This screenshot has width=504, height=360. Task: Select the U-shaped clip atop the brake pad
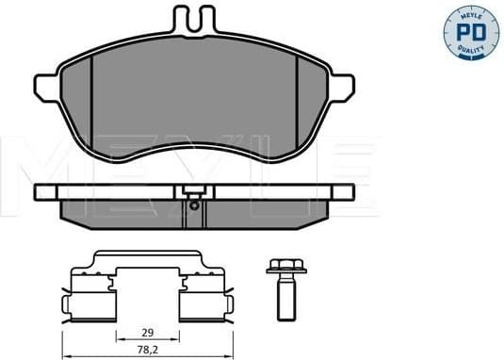(x=194, y=20)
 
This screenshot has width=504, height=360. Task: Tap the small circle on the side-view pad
(x=194, y=205)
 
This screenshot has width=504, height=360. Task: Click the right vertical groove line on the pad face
(x=290, y=94)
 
